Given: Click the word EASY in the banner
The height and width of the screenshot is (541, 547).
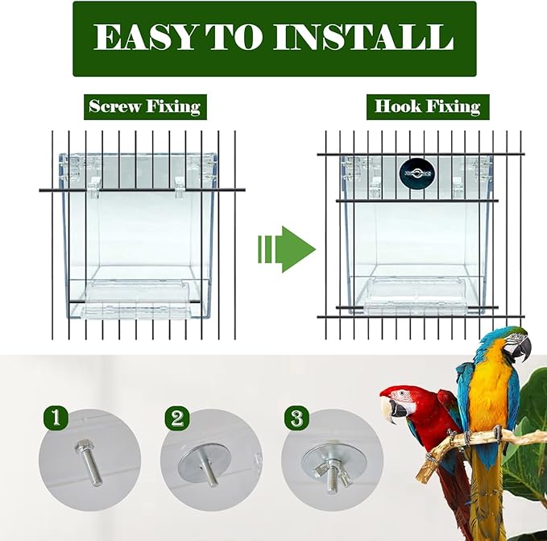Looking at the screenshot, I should [143, 38].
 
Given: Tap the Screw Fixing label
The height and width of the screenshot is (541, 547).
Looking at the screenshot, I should [144, 106].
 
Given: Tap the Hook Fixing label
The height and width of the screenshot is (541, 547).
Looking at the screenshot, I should [427, 106].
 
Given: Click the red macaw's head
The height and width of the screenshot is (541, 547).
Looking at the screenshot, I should [403, 397].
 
